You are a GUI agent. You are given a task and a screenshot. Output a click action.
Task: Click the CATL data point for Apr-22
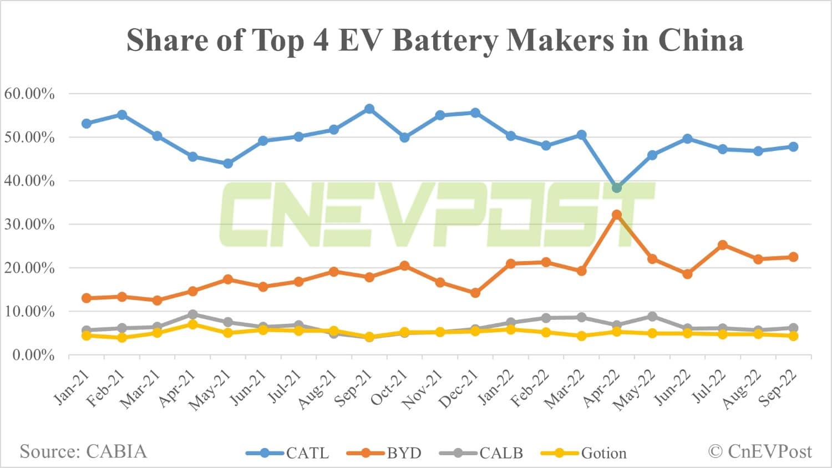coord(616,188)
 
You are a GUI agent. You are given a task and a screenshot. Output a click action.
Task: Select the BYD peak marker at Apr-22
coord(616,215)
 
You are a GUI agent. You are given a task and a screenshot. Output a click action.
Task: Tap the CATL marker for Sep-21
coord(369,109)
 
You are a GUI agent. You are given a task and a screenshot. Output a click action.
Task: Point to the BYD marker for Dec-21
coord(475,293)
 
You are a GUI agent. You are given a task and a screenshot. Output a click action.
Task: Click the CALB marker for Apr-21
coord(192,315)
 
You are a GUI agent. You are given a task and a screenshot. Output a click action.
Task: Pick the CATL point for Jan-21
coord(87,124)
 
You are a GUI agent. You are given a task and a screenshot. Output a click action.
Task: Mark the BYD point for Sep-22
coord(793,257)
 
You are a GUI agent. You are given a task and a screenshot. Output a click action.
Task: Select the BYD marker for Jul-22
coord(722,245)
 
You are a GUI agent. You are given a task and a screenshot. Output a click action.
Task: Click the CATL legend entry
coord(288,453)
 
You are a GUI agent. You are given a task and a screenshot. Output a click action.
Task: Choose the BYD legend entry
coord(384,453)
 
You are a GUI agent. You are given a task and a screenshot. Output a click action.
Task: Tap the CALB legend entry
coord(481,453)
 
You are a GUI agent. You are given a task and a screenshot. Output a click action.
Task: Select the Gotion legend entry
coord(584,453)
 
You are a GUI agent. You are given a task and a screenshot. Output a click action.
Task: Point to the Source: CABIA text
coord(83,451)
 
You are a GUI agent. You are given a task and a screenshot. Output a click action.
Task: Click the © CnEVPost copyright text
coord(759,451)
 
